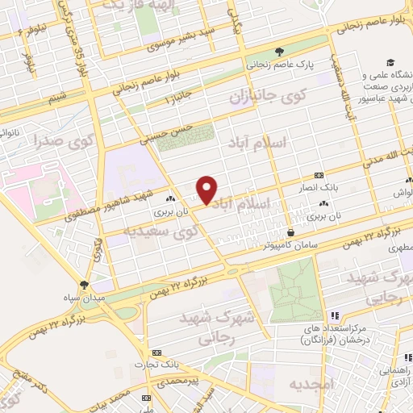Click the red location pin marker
207,190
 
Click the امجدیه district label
311,385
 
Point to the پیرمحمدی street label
179,378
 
